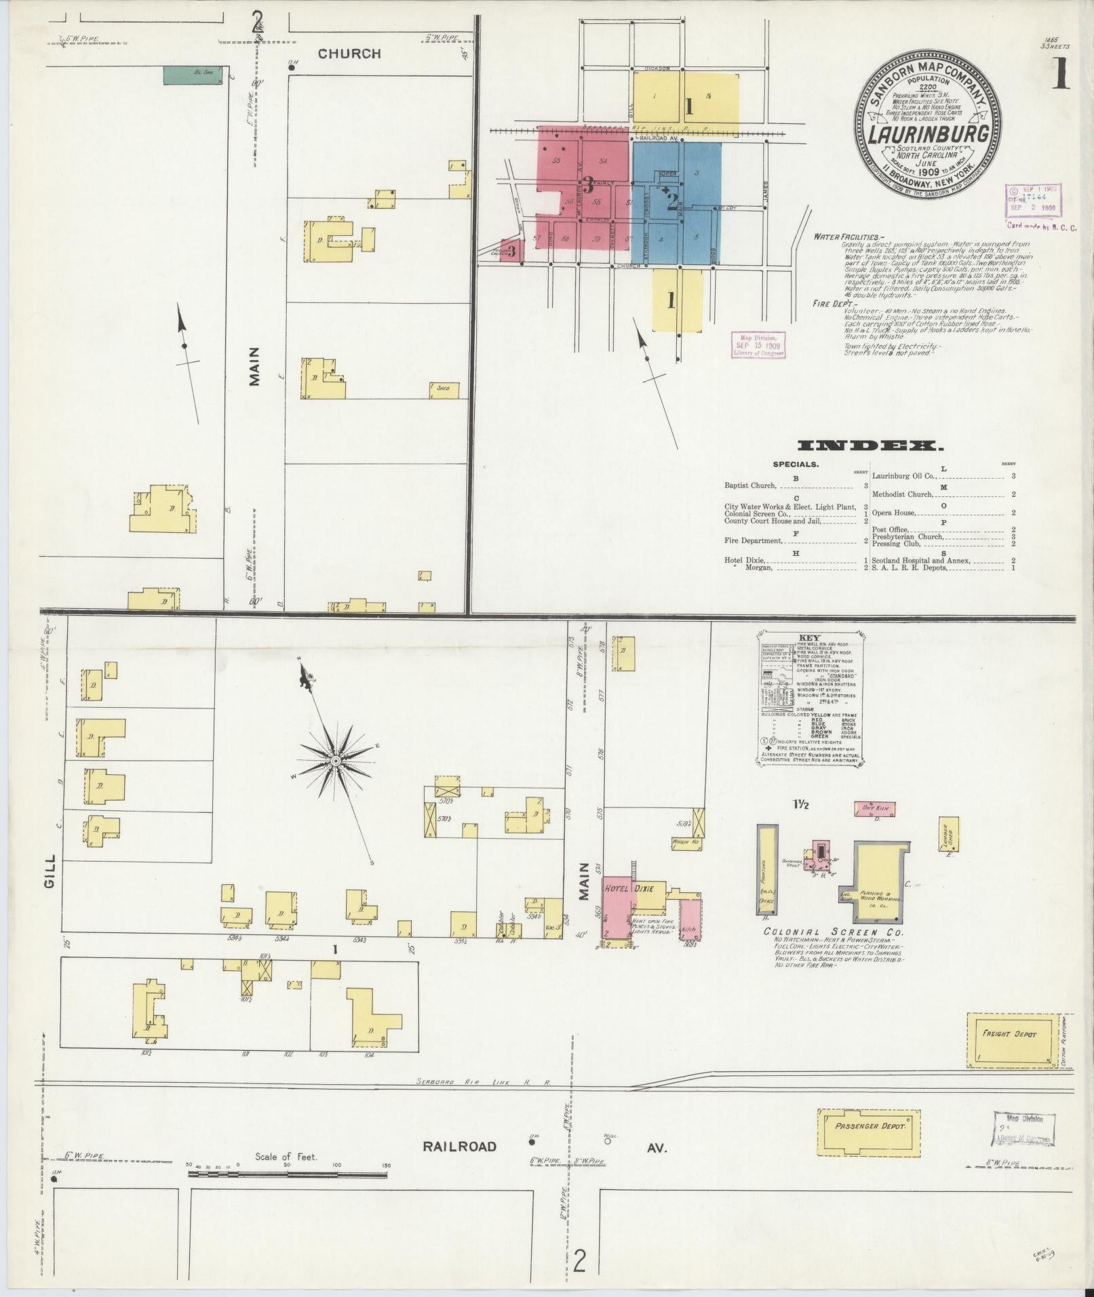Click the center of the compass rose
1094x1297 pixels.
click(335, 761)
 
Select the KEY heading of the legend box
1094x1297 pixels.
click(810, 638)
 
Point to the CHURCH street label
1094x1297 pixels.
click(349, 54)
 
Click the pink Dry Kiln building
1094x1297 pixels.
click(875, 808)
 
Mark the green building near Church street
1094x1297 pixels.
click(193, 75)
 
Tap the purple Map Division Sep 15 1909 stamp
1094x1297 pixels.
click(758, 344)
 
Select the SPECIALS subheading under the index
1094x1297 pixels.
click(796, 464)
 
